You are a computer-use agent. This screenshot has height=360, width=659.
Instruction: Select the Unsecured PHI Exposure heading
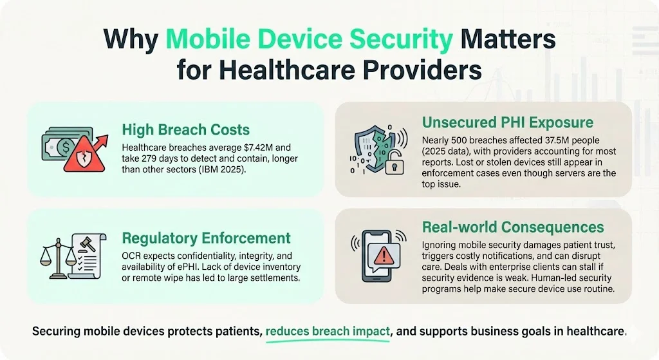(507, 122)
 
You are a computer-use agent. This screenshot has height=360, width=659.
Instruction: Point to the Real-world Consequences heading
(513, 227)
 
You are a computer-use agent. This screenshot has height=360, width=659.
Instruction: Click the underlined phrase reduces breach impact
(328, 332)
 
